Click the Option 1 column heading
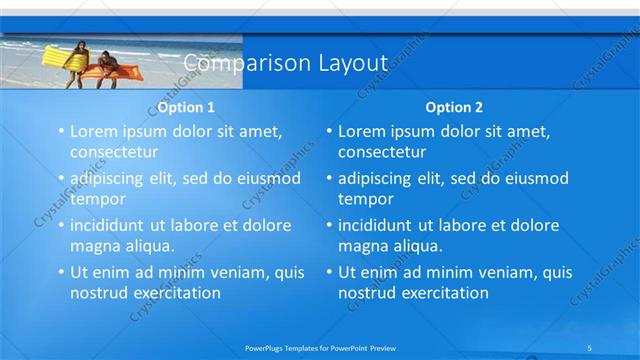[x=185, y=106]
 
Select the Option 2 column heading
[x=453, y=106]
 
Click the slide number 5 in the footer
[x=590, y=347]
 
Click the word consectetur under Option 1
[x=114, y=152]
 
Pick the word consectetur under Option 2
[x=382, y=152]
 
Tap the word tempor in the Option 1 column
[x=97, y=199]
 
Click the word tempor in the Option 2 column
[x=365, y=199]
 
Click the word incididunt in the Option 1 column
[x=109, y=225]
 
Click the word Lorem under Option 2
[x=361, y=131]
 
